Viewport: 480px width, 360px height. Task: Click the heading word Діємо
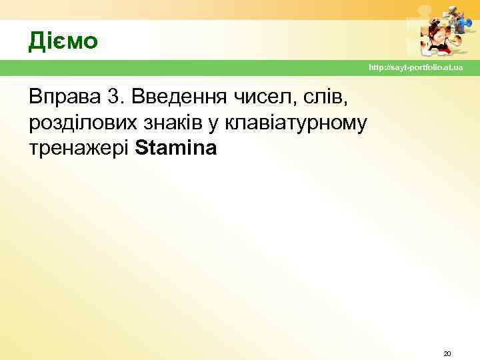pyautogui.click(x=63, y=41)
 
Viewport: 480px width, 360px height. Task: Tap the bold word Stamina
pyautogui.click(x=175, y=148)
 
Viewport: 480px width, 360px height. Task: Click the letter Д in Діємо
pyautogui.click(x=36, y=41)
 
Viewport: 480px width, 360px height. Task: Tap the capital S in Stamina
pyautogui.click(x=140, y=148)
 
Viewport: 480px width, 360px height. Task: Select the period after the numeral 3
pyautogui.click(x=121, y=103)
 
